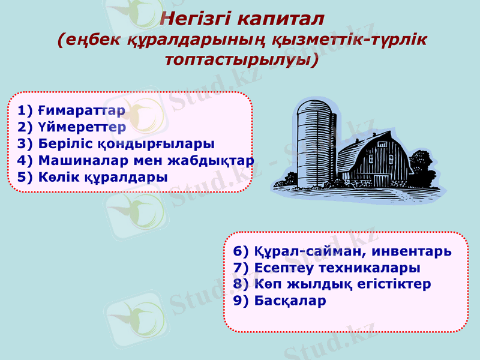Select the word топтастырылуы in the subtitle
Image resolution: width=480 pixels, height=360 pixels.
[x=240, y=61]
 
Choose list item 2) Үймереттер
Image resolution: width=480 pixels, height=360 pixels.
[x=71, y=127]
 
